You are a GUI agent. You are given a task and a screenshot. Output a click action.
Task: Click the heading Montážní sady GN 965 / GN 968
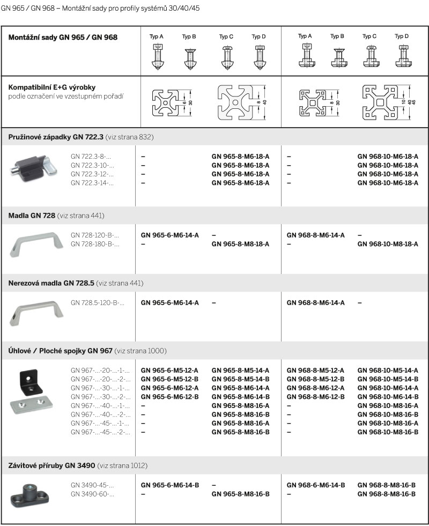point(63,38)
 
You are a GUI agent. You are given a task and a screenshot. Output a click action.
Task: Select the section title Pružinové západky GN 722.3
point(56,137)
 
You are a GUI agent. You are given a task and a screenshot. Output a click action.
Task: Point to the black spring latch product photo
point(33,166)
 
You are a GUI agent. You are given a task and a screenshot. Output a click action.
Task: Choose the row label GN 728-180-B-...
point(95,244)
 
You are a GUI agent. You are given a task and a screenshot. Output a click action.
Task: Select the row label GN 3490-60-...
point(92,494)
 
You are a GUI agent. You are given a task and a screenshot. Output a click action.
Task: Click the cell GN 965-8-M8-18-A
point(240,244)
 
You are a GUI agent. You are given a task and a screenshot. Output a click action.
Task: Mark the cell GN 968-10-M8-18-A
point(388,244)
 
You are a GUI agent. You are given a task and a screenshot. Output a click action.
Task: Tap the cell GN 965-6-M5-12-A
point(169,371)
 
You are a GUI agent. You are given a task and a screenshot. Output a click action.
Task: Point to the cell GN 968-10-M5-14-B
point(388,379)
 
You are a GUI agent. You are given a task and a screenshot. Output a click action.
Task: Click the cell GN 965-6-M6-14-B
point(169,485)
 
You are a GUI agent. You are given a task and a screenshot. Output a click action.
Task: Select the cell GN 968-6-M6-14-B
point(315,485)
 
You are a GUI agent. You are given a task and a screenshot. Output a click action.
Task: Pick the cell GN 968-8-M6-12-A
point(315,388)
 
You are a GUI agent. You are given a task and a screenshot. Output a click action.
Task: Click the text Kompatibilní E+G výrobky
point(52,87)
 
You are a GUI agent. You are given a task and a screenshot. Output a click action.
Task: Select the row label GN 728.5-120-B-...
point(97,303)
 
